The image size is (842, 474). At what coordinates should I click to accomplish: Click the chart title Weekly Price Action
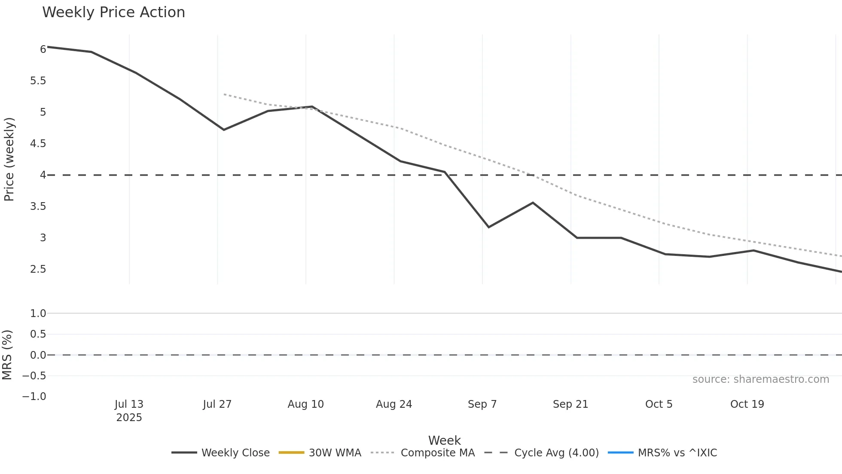coord(113,12)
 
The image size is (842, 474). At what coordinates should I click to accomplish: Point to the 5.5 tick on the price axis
coord(38,81)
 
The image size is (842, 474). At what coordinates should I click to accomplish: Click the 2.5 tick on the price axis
coord(38,269)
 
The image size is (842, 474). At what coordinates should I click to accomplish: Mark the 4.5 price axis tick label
coord(38,144)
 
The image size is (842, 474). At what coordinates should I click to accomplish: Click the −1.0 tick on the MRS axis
coord(34,397)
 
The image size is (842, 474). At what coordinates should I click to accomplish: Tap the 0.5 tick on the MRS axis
coord(38,334)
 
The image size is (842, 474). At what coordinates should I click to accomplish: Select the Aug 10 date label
coord(306,404)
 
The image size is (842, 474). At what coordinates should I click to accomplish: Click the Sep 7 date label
coord(482,404)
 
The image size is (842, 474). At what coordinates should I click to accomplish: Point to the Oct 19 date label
coord(747,404)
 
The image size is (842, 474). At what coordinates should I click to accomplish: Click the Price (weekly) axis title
coord(9,159)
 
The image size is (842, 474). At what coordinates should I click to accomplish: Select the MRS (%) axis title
coord(7,355)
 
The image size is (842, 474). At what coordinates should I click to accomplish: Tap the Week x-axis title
coord(444,440)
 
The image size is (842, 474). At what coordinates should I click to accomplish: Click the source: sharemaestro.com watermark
coord(760,379)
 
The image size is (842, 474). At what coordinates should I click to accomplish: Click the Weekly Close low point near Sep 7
coord(488,227)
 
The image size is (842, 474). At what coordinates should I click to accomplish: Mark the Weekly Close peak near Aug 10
coord(312,107)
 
